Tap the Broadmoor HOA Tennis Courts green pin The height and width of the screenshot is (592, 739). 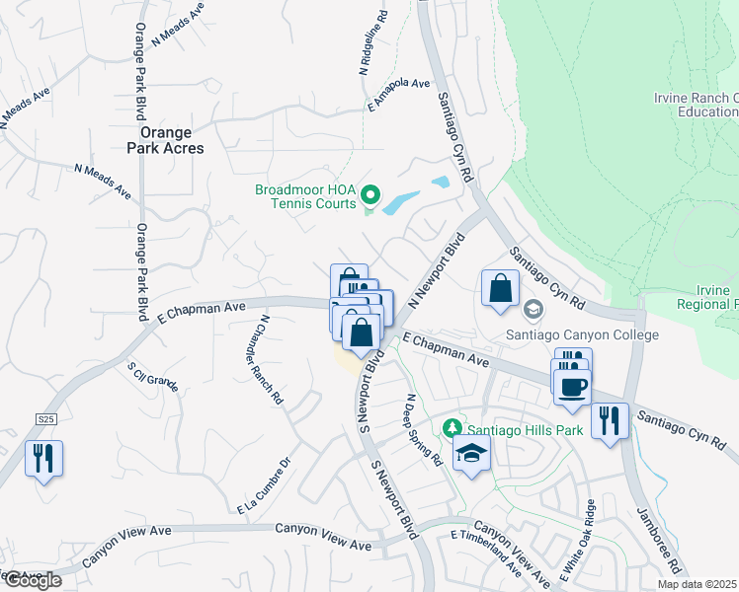click(x=370, y=193)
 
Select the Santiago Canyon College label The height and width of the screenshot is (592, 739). click(x=582, y=335)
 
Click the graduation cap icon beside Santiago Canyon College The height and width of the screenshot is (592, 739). click(x=533, y=310)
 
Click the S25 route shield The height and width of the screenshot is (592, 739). click(x=46, y=419)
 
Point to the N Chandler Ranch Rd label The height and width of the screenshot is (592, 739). click(x=271, y=360)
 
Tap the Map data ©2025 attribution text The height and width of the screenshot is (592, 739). click(x=697, y=584)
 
